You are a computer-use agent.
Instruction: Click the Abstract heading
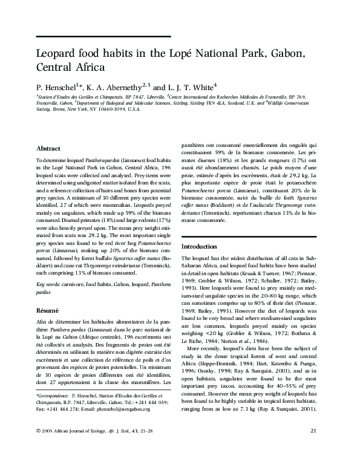(x=48, y=148)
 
